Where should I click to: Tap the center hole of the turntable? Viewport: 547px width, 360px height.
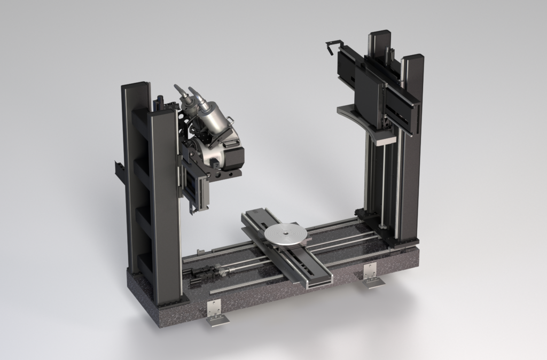(285, 233)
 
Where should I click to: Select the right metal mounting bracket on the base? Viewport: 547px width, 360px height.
(370, 275)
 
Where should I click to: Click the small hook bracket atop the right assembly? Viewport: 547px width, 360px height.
(332, 46)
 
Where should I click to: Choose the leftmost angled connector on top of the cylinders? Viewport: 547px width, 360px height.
(181, 91)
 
